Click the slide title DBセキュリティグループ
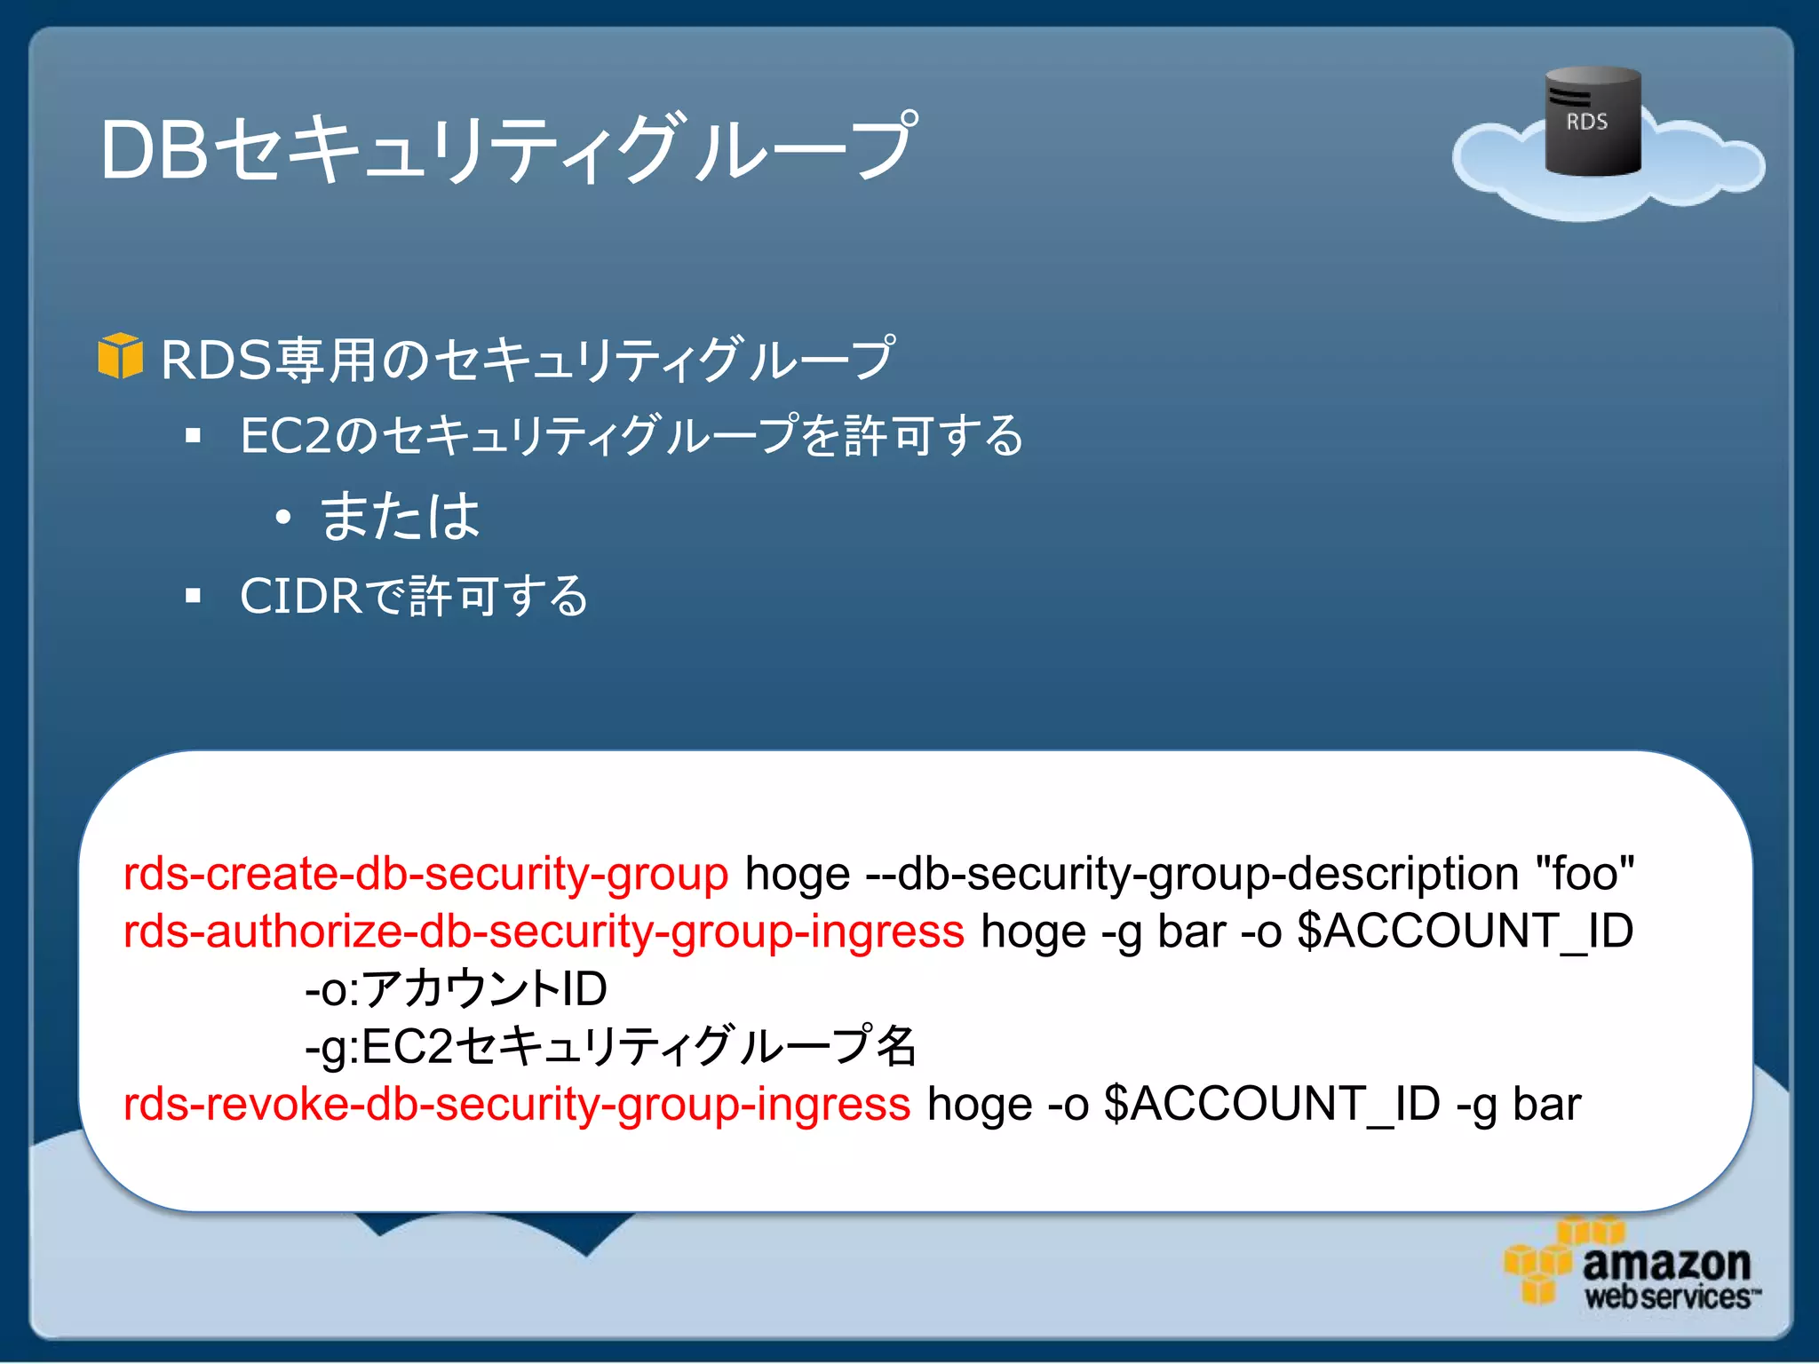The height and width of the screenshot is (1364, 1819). click(506, 148)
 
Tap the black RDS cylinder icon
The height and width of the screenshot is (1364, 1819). click(1593, 122)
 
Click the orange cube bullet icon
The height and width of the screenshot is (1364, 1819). click(120, 357)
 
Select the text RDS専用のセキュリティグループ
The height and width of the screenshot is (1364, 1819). click(528, 360)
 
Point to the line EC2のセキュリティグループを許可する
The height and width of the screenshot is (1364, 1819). click(631, 435)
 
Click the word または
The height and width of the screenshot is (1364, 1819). click(400, 516)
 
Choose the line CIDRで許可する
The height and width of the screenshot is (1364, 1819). click(414, 595)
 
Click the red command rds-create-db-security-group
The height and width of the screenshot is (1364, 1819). click(425, 874)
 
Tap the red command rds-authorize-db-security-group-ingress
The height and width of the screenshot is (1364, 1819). click(544, 932)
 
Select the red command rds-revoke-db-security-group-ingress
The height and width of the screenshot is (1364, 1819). click(517, 1104)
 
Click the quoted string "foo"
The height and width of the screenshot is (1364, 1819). click(1585, 874)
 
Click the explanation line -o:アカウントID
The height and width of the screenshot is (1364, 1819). click(456, 988)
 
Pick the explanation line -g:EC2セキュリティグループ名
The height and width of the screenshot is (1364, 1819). click(610, 1045)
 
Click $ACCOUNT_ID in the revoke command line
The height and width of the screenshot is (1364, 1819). click(1271, 1104)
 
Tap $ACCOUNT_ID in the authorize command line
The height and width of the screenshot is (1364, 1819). click(1465, 932)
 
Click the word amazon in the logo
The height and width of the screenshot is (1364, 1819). click(1665, 1263)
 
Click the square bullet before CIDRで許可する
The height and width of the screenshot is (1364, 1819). click(194, 596)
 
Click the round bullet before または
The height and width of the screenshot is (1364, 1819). click(282, 517)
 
